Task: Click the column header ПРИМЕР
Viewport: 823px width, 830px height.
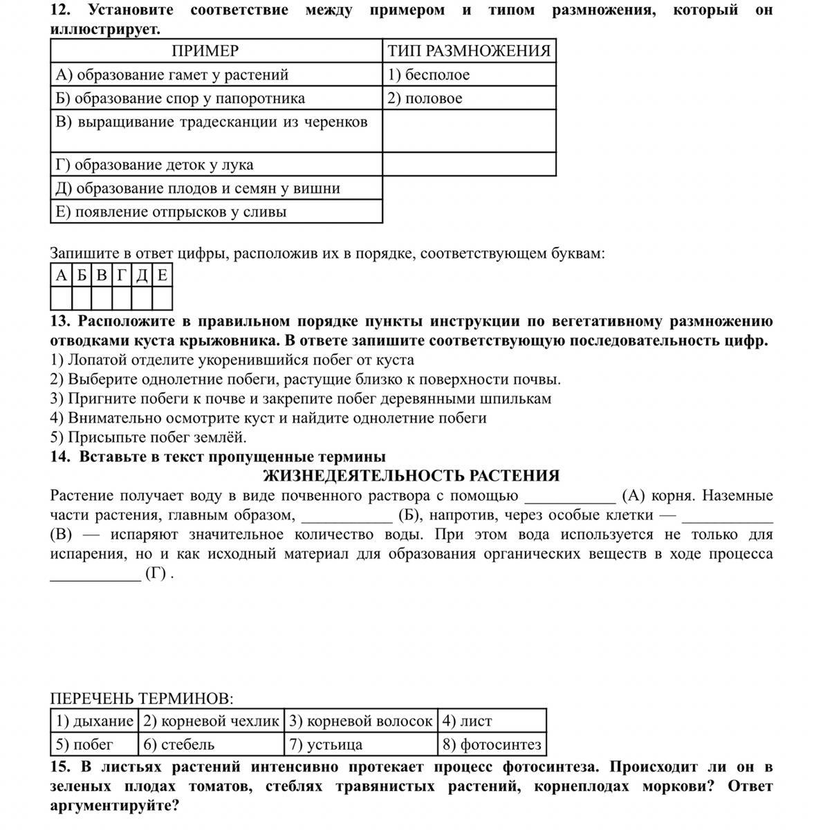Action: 205,51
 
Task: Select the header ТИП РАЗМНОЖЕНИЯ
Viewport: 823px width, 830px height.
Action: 469,51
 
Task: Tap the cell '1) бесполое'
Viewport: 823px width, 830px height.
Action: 429,75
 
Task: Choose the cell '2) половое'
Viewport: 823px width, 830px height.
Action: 425,98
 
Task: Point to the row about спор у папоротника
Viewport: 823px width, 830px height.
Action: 180,98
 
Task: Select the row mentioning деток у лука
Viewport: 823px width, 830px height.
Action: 154,165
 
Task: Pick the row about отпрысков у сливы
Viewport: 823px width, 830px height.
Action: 171,212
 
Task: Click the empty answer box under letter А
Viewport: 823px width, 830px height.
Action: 61,298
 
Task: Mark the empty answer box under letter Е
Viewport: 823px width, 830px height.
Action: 162,298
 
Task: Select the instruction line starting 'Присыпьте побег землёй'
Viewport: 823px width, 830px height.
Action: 149,437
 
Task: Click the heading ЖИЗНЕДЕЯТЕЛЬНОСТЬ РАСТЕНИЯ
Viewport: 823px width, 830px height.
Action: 411,476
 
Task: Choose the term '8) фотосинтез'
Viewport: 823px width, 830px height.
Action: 492,744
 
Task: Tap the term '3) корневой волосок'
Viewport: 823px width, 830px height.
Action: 360,721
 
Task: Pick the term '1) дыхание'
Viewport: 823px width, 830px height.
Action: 94,721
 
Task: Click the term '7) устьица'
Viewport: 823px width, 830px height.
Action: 326,744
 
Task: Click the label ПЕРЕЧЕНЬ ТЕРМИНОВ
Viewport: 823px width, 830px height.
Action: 142,699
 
